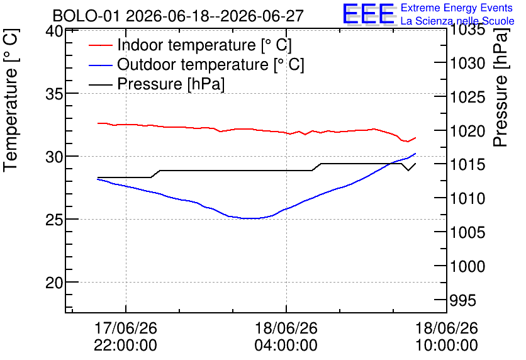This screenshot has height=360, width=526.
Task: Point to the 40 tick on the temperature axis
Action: (x=54, y=31)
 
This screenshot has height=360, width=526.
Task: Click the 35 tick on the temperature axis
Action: (x=54, y=94)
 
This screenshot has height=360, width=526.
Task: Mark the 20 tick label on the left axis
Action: (x=54, y=283)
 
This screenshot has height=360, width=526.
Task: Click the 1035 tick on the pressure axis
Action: (x=467, y=30)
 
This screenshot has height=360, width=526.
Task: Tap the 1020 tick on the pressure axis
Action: (x=467, y=131)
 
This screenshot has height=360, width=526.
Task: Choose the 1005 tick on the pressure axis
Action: (x=467, y=232)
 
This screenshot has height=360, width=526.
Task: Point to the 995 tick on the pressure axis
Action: (x=463, y=300)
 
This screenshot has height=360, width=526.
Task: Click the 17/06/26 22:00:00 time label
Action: (x=125, y=336)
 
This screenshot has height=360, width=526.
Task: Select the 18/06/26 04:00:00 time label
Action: (x=286, y=336)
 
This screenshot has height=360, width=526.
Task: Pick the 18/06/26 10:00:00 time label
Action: (x=447, y=336)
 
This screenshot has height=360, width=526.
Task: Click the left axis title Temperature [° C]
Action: (x=11, y=101)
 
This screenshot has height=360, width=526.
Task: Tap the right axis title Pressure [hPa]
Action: (x=500, y=87)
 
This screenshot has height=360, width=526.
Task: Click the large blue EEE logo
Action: (x=369, y=14)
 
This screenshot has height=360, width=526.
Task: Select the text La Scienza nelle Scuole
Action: (x=457, y=21)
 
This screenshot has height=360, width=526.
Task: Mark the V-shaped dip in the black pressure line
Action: (x=408, y=170)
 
